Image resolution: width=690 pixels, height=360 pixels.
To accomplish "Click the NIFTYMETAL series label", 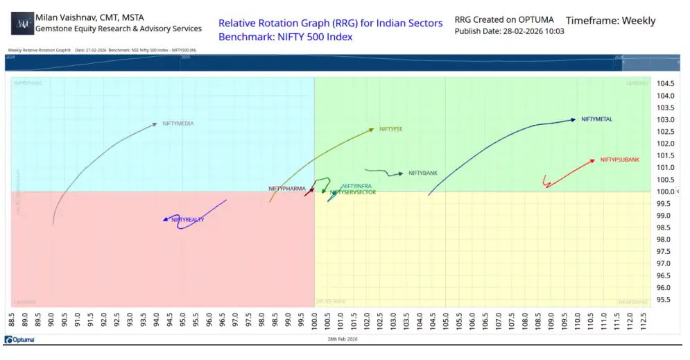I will [596, 119].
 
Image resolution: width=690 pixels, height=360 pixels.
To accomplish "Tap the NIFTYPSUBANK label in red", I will [619, 160].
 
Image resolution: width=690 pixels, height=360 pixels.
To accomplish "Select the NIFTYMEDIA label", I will [178, 123].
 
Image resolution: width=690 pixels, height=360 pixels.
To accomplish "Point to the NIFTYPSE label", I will [390, 129].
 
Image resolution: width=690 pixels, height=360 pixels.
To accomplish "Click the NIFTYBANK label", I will [422, 173].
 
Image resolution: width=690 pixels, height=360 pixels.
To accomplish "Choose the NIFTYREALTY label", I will [187, 220].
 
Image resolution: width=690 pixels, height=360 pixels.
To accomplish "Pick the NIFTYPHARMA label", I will [286, 189].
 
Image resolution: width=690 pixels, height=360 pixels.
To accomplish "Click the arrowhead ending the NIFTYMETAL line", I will [573, 119].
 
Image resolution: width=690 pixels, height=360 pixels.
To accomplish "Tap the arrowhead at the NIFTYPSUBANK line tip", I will [592, 160].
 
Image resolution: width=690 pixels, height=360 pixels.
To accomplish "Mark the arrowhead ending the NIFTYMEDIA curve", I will [155, 124].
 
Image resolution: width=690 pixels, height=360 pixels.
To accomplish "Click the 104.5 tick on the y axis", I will [665, 83].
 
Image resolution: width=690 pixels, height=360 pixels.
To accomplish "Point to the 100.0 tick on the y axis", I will [665, 191].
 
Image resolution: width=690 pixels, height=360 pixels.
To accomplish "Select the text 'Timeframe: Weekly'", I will [610, 21].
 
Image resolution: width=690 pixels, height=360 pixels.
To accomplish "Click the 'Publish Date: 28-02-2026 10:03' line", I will [509, 31].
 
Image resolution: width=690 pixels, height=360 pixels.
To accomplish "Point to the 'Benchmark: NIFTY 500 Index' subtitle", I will [285, 36].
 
